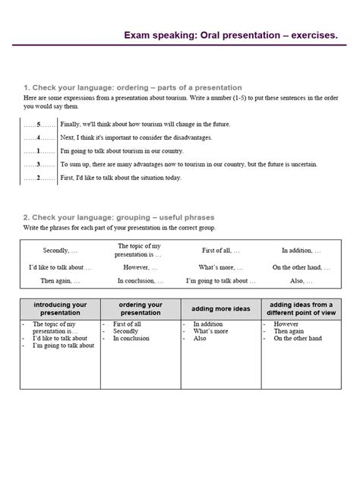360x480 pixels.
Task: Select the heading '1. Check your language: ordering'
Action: tap(132, 87)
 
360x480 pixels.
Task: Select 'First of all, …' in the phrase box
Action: tap(220, 250)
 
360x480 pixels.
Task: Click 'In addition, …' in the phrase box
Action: tap(301, 250)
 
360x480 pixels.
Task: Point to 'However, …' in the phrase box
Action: tap(138, 267)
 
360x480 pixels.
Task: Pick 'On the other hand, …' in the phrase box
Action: tap(301, 267)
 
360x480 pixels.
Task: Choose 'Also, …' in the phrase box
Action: tap(301, 281)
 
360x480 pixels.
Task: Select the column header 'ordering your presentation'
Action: tap(141, 308)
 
